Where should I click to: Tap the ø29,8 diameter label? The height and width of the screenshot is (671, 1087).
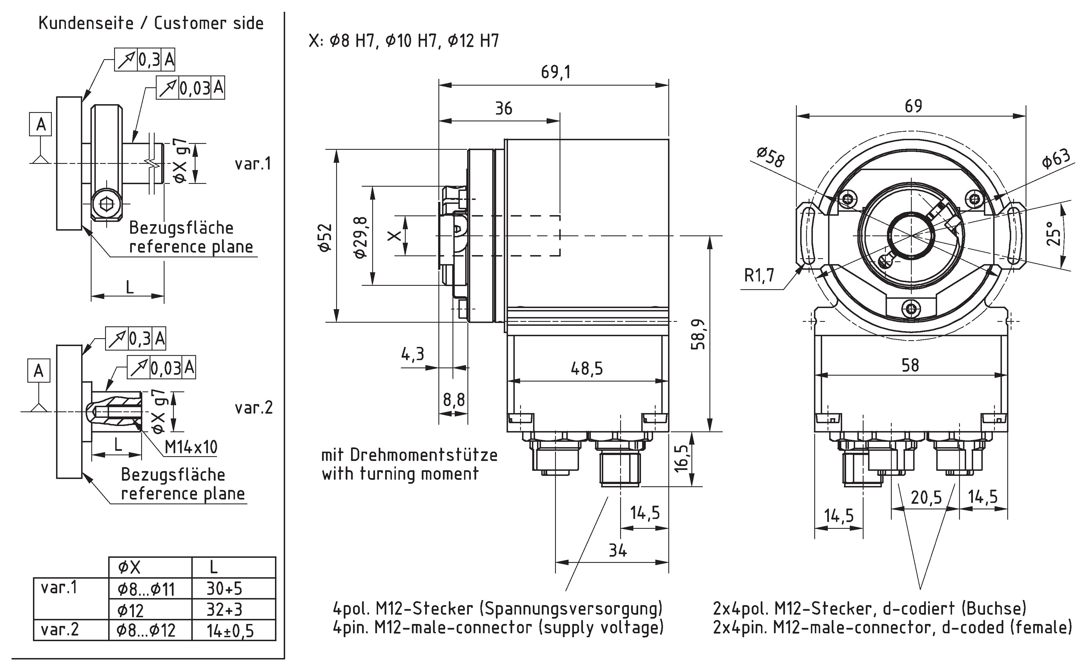tap(361, 237)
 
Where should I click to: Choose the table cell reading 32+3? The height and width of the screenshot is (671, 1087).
tap(224, 610)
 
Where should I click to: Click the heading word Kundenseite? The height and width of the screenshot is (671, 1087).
tap(86, 23)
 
